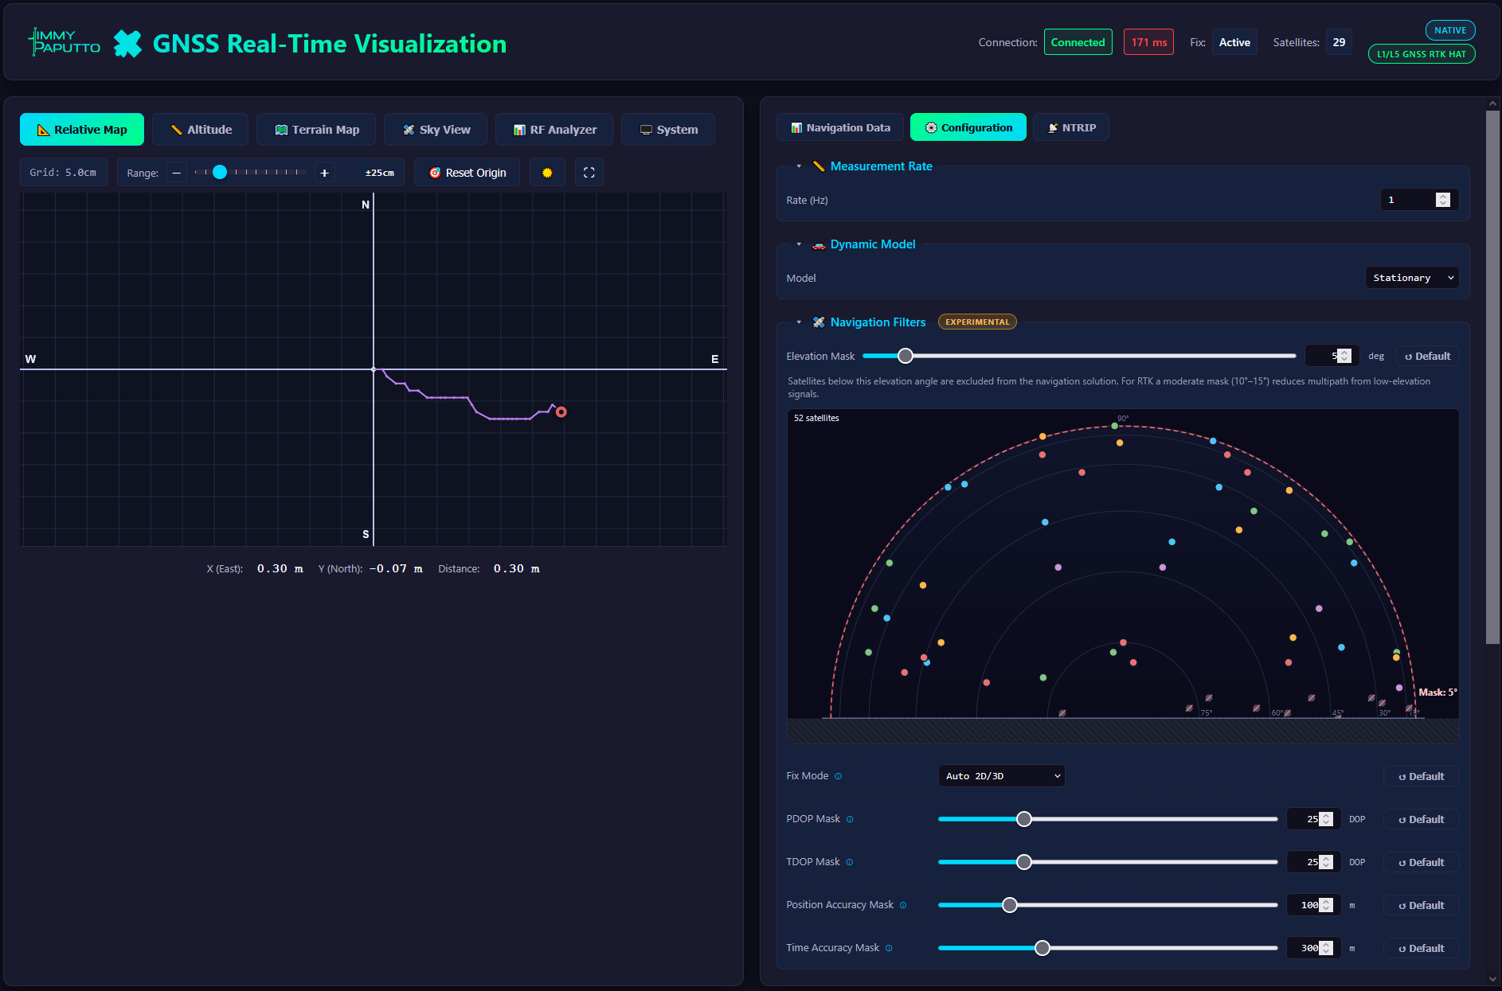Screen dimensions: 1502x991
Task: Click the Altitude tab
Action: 200,130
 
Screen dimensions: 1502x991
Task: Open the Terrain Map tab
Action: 316,130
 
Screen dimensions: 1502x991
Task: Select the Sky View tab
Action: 436,130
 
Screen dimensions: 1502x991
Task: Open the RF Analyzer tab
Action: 554,130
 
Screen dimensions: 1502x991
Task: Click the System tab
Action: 668,130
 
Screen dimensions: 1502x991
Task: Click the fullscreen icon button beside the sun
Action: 589,173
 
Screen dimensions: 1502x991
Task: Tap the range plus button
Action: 324,173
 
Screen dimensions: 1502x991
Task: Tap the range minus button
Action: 177,173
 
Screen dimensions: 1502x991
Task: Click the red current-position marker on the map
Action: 561,412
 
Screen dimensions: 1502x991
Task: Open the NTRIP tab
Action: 1071,127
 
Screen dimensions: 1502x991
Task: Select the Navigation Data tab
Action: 840,127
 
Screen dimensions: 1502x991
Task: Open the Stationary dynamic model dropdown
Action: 1413,278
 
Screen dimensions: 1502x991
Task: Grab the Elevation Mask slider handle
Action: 906,356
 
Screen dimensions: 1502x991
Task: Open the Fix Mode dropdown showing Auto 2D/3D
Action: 1002,776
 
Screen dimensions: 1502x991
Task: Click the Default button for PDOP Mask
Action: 1422,819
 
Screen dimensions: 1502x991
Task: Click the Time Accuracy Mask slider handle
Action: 1042,948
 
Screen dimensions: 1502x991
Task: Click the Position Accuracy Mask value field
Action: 1314,905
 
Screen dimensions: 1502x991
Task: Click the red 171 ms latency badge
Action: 1148,42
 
